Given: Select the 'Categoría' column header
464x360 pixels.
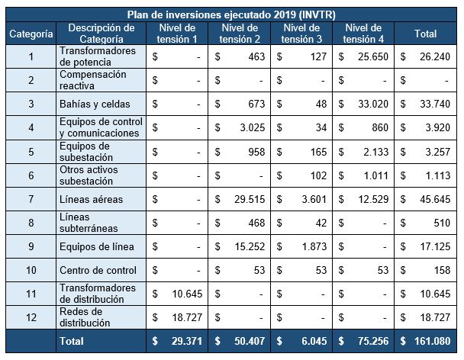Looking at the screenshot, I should [31, 34].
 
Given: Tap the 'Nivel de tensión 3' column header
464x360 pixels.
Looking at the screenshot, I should [303, 34].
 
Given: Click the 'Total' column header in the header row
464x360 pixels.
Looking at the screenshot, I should [425, 34].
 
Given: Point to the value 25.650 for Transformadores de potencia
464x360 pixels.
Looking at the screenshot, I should [374, 56].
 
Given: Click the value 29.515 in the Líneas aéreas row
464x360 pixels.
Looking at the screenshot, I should [249, 200].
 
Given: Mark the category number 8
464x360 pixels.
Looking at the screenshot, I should [31, 223].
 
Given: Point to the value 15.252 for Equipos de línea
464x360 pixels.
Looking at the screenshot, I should [249, 247].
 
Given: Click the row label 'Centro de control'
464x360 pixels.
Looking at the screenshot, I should [98, 271].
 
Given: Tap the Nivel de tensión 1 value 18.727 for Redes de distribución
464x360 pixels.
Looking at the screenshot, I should [186, 318].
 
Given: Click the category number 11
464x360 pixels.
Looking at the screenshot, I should [31, 294].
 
